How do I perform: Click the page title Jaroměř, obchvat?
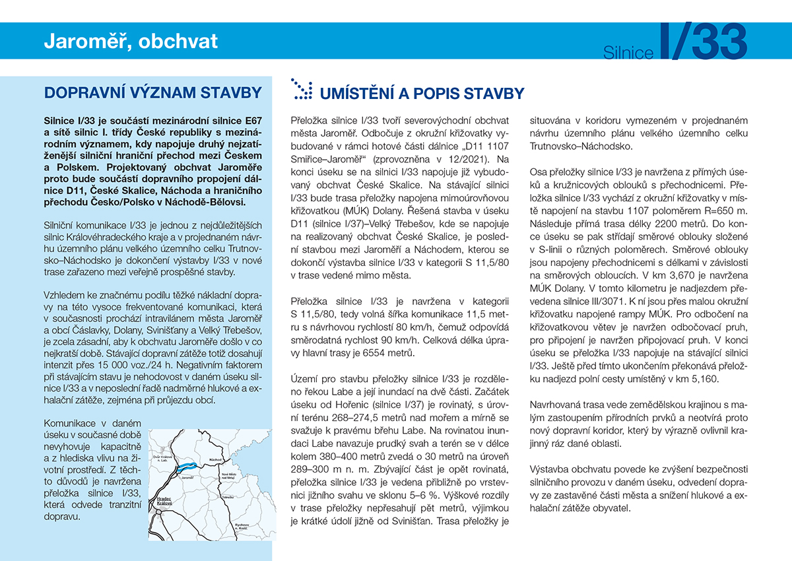point(131,42)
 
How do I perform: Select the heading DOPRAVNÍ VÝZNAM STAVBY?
point(152,92)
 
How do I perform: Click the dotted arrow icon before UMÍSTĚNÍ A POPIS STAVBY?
point(302,90)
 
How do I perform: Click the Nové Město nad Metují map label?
point(228,477)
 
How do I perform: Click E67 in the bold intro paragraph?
point(246,121)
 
